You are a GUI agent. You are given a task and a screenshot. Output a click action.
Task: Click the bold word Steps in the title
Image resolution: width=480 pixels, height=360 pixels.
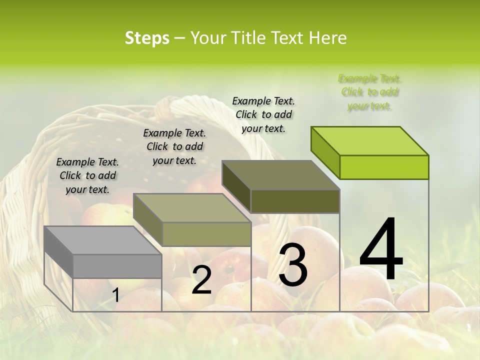click(x=147, y=38)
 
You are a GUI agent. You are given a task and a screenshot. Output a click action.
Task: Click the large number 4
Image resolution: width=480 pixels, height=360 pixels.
click(x=381, y=250)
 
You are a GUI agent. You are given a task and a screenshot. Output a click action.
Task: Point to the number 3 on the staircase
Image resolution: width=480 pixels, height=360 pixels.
click(x=293, y=265)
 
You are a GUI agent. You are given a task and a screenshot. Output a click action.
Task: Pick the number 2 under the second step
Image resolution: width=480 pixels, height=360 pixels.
click(x=201, y=280)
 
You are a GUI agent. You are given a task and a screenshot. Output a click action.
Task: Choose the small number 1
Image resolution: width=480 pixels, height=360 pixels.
click(x=115, y=295)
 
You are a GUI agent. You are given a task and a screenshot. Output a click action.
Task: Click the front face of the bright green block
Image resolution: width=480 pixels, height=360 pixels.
click(x=384, y=167)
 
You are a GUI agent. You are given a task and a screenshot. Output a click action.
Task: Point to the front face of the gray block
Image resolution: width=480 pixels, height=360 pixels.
click(x=117, y=266)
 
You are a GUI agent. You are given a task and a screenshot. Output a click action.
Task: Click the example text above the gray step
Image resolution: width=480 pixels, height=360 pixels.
click(x=87, y=176)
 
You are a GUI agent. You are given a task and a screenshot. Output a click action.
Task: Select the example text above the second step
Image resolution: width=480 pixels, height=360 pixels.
click(x=174, y=147)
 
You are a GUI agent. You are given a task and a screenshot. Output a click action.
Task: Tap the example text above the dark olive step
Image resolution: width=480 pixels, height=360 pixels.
click(x=263, y=115)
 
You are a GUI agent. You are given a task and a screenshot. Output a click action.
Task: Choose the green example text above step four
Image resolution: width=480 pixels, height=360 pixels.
click(x=369, y=92)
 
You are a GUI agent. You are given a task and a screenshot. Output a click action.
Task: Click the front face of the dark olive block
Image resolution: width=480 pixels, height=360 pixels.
click(x=295, y=201)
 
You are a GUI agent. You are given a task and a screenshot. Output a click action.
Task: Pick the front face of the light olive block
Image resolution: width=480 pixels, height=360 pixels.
click(x=206, y=234)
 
